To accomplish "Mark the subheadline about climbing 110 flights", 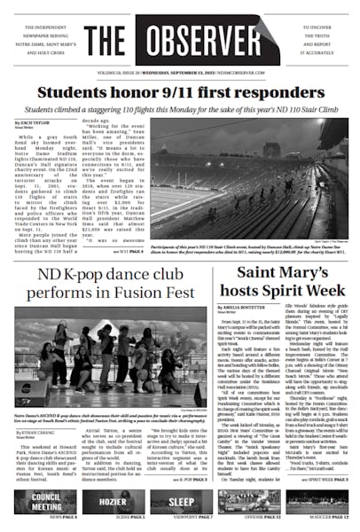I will tap(179, 108).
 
